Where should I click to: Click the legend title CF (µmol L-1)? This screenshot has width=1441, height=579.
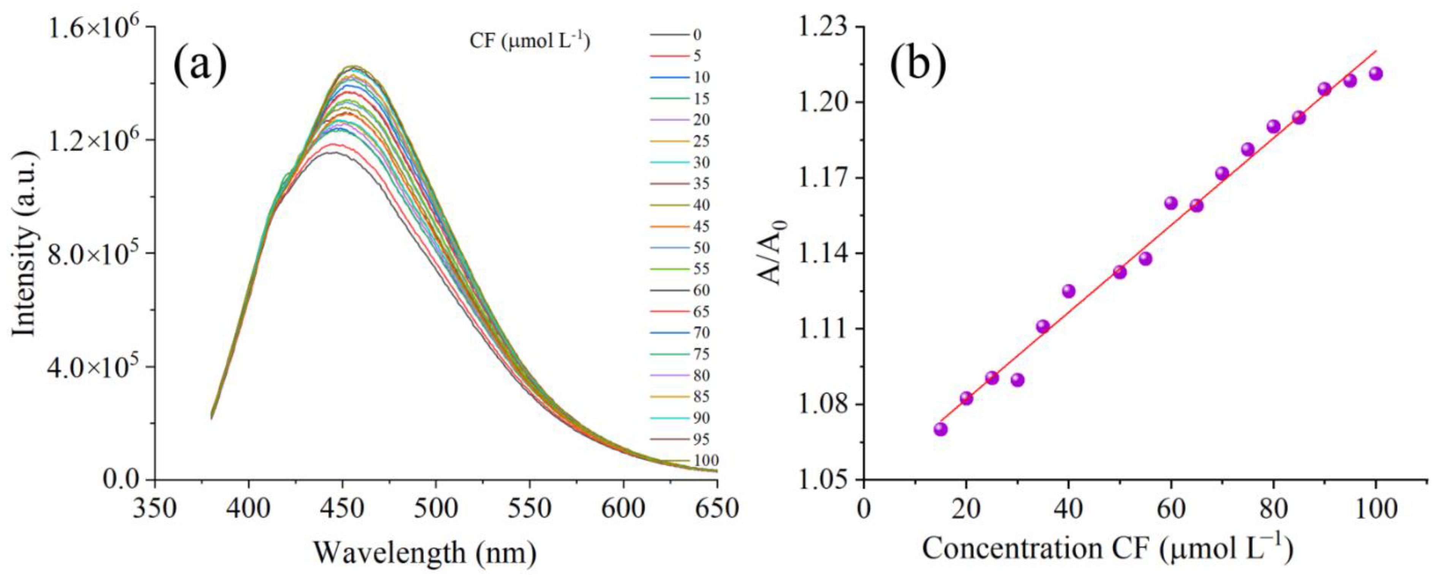(x=530, y=42)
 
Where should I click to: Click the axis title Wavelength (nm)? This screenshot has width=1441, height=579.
(x=425, y=552)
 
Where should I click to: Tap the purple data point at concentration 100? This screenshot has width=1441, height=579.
(x=1376, y=74)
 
